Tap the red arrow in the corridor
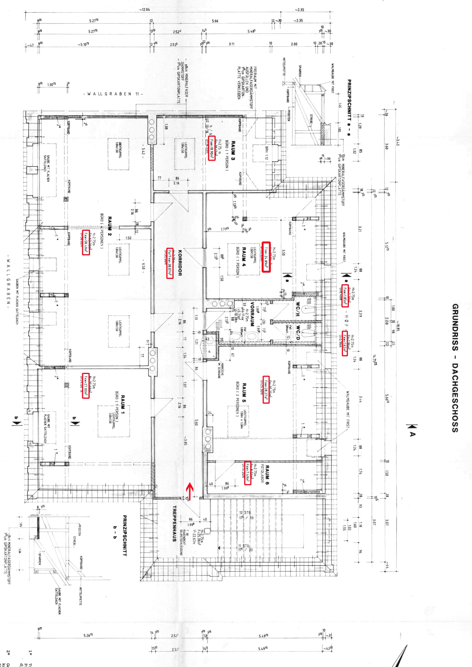[190, 490]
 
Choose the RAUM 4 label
[244, 257]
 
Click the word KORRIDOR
[180, 263]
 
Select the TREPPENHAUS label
[174, 523]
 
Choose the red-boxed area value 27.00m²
[86, 385]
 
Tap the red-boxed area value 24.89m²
[266, 257]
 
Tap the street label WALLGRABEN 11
[113, 94]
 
